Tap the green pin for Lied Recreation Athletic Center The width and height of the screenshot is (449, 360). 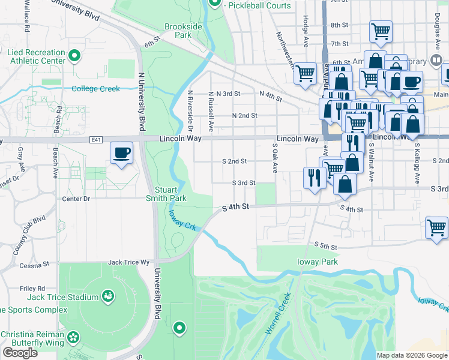point(74,57)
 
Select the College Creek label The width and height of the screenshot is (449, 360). point(96,89)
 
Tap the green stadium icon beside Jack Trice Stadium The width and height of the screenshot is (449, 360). point(108,296)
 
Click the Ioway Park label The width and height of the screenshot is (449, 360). point(318,262)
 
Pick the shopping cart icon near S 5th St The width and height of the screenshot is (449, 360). point(436,228)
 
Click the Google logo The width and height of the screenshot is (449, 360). point(20,353)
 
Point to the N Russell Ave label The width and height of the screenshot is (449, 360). point(211,112)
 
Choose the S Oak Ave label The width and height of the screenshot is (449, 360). point(276,158)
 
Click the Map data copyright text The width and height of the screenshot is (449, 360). point(411,355)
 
